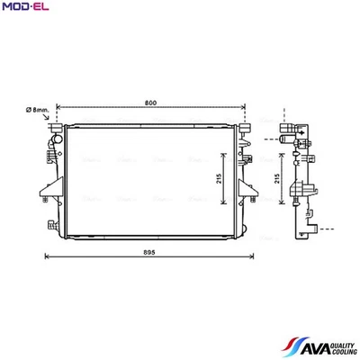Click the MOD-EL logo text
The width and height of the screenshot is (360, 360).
pos(27,9)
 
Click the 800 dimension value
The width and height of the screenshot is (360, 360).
pos(149,102)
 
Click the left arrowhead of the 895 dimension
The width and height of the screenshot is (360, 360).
pos(47,261)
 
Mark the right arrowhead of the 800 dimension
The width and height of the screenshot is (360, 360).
pos(243,109)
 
